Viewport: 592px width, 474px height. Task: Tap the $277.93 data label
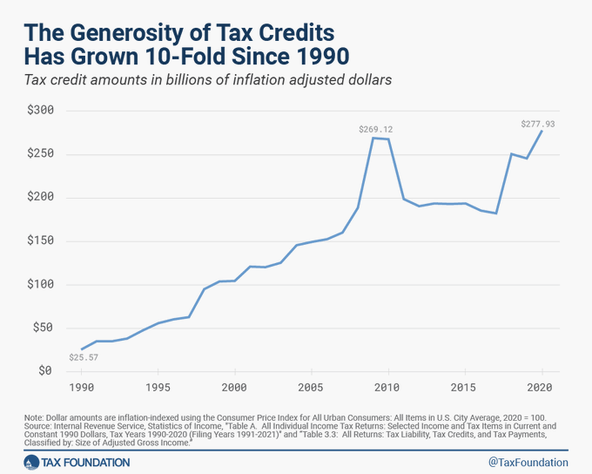[x=537, y=124]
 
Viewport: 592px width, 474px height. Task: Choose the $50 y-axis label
[x=42, y=328]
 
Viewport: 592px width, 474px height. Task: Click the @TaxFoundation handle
[x=528, y=462]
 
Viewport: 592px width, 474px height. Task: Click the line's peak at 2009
[x=373, y=138]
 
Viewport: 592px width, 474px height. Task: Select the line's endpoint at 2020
[x=541, y=131]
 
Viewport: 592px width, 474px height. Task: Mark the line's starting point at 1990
[x=82, y=349]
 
